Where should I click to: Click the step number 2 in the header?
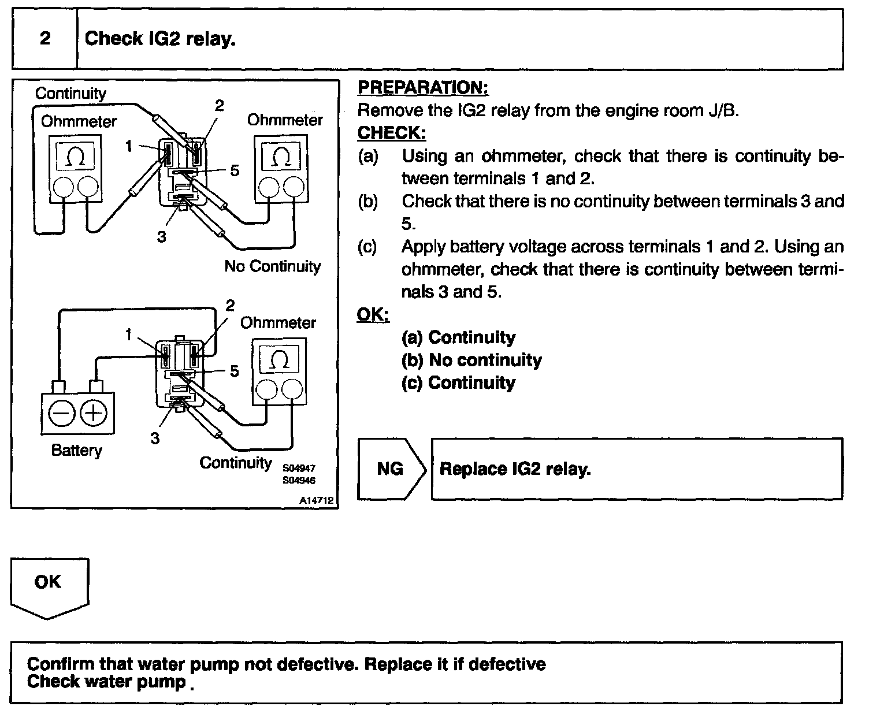click(x=44, y=39)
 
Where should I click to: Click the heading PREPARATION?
click(x=423, y=88)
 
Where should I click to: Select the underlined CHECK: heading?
click(x=391, y=133)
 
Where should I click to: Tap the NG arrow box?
click(x=391, y=469)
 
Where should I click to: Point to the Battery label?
click(x=76, y=450)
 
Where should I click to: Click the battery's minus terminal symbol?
click(x=60, y=413)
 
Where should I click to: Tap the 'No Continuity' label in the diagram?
click(x=272, y=266)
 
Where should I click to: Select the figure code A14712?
click(x=317, y=501)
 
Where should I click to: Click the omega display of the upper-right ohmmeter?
click(x=281, y=157)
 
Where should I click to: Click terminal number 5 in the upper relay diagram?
click(x=235, y=170)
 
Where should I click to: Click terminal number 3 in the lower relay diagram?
click(x=155, y=438)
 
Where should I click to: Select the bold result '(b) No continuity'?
click(x=471, y=360)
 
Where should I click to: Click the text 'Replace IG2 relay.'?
click(x=515, y=469)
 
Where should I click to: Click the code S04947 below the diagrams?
click(x=299, y=469)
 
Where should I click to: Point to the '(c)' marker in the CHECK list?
click(x=367, y=247)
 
